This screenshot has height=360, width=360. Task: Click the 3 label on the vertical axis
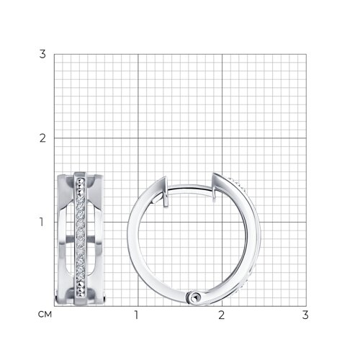[42, 54]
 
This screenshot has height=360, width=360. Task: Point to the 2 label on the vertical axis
[42, 138]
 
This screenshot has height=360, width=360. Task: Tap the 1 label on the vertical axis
[42, 222]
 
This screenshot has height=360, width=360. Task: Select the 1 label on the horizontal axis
[136, 315]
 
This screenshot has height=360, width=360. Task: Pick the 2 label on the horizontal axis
[221, 315]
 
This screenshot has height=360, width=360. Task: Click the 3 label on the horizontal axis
[305, 315]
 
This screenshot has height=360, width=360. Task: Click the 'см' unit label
[45, 314]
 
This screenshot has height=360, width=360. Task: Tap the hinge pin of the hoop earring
[195, 297]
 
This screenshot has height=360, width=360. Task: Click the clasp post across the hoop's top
[189, 187]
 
